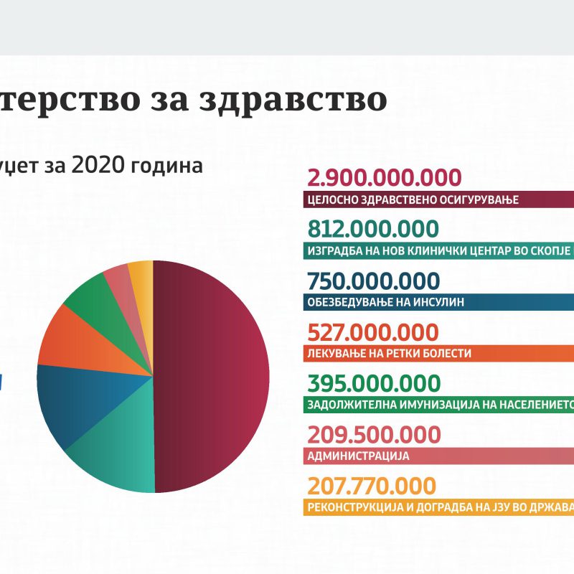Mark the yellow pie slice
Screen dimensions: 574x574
pos(141,273)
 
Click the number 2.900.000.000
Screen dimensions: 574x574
pos(383,179)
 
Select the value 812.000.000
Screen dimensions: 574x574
pos(372,229)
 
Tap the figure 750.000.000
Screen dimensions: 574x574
pos(372,281)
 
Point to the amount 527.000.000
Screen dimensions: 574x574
pos(372,332)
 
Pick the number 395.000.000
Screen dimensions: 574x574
pos(373,384)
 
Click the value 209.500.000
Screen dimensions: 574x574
pos(373,435)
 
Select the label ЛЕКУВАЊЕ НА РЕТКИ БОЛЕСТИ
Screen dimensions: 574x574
pos(389,354)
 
